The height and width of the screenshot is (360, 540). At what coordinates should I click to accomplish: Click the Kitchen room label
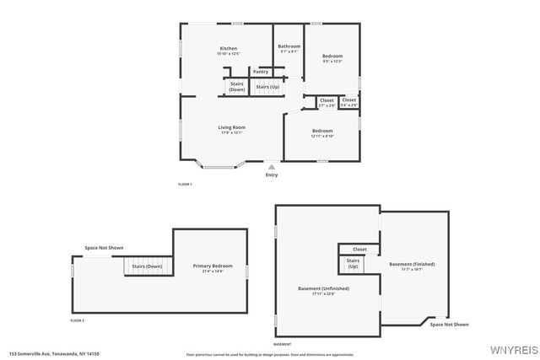(x=229, y=49)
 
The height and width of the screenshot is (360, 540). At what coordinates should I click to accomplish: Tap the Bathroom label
(x=289, y=46)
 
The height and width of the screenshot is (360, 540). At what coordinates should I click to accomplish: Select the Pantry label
(x=261, y=72)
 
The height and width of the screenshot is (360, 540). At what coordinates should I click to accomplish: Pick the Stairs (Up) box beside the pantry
(x=267, y=87)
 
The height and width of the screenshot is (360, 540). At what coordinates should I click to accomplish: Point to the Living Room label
(x=232, y=128)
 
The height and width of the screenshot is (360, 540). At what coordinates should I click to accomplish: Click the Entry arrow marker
(x=271, y=167)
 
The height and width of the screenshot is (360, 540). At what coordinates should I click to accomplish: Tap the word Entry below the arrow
(x=271, y=175)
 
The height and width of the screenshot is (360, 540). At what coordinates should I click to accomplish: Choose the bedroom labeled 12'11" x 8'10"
(x=322, y=132)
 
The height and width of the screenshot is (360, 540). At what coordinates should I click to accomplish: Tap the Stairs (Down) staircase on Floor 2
(x=144, y=266)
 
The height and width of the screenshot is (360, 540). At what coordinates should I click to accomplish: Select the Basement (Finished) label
(x=411, y=266)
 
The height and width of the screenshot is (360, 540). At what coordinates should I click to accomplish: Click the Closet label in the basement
(x=359, y=250)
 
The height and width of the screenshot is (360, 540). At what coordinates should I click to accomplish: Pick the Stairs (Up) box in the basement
(x=353, y=265)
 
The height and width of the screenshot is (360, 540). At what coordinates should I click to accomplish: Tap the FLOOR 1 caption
(x=185, y=184)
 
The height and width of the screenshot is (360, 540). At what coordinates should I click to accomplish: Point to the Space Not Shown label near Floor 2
(x=104, y=248)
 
